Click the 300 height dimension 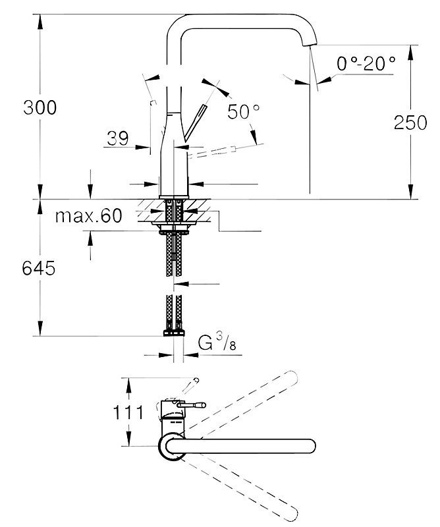[x=40, y=107]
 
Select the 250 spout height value [x=410, y=123]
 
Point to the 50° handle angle [x=243, y=111]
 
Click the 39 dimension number [x=118, y=138]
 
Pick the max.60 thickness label [x=89, y=215]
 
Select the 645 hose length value [x=39, y=268]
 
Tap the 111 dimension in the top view [x=128, y=412]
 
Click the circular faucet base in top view [x=172, y=446]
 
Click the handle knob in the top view [x=202, y=405]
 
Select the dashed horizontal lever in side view [x=211, y=151]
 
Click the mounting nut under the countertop [x=174, y=229]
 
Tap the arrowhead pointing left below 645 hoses [x=182, y=284]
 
